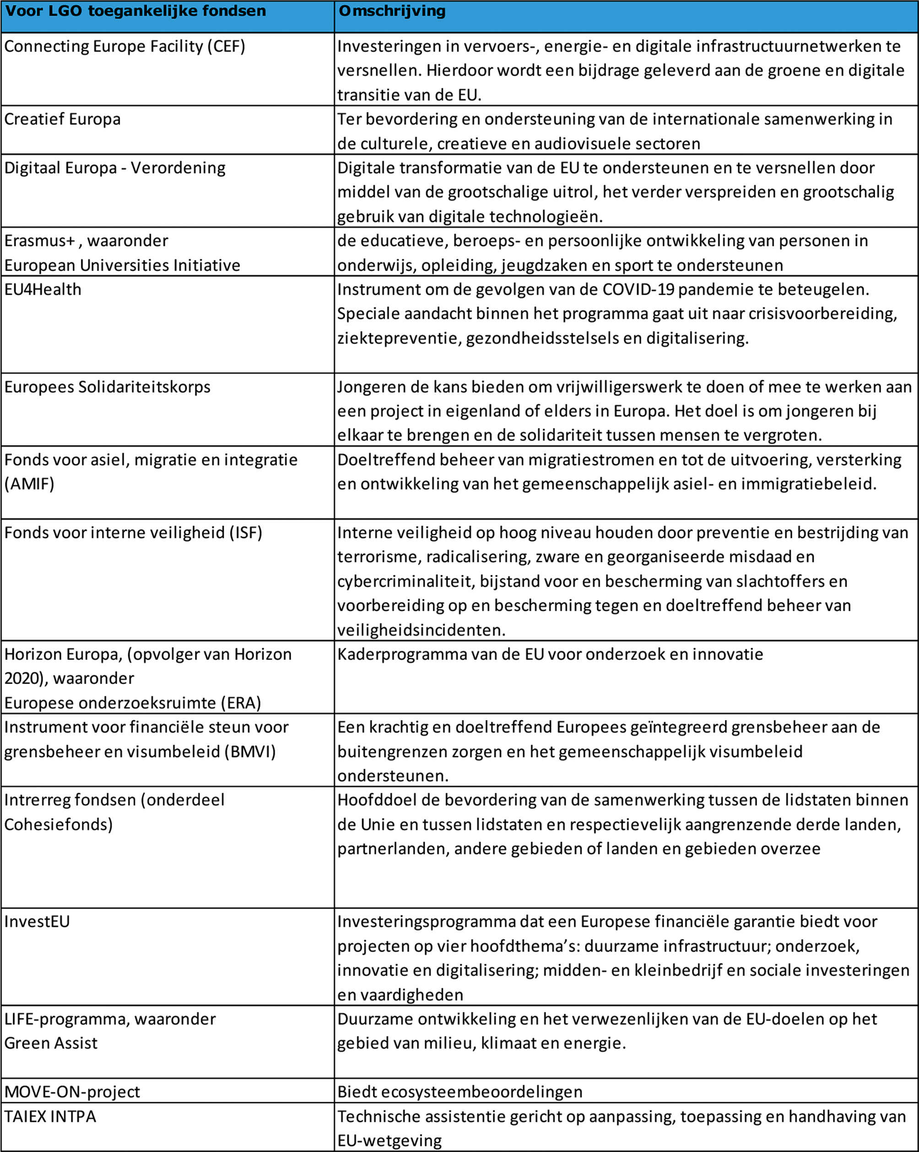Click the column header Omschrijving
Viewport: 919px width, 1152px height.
point(392,11)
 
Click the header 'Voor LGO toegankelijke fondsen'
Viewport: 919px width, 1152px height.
point(135,11)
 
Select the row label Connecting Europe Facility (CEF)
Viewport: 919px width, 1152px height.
point(124,47)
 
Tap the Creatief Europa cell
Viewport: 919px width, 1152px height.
point(63,119)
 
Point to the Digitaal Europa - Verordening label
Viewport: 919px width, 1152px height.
point(115,168)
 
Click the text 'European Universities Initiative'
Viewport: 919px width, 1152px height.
point(122,265)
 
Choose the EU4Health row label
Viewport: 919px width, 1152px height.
point(43,290)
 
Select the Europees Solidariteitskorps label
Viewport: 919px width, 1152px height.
point(108,387)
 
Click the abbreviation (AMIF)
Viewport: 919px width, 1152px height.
point(29,484)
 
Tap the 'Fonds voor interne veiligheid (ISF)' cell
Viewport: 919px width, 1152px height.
point(133,533)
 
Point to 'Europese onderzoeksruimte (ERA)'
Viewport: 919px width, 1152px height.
point(133,703)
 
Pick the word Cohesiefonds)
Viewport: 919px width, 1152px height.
point(58,824)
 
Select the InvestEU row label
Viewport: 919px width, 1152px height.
point(37,922)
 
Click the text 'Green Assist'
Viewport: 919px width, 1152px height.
point(51,1043)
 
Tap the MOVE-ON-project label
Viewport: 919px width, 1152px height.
point(72,1092)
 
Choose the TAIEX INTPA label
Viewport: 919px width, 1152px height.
point(50,1116)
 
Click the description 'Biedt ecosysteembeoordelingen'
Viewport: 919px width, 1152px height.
point(460,1092)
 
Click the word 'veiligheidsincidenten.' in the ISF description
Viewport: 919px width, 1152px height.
point(421,630)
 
